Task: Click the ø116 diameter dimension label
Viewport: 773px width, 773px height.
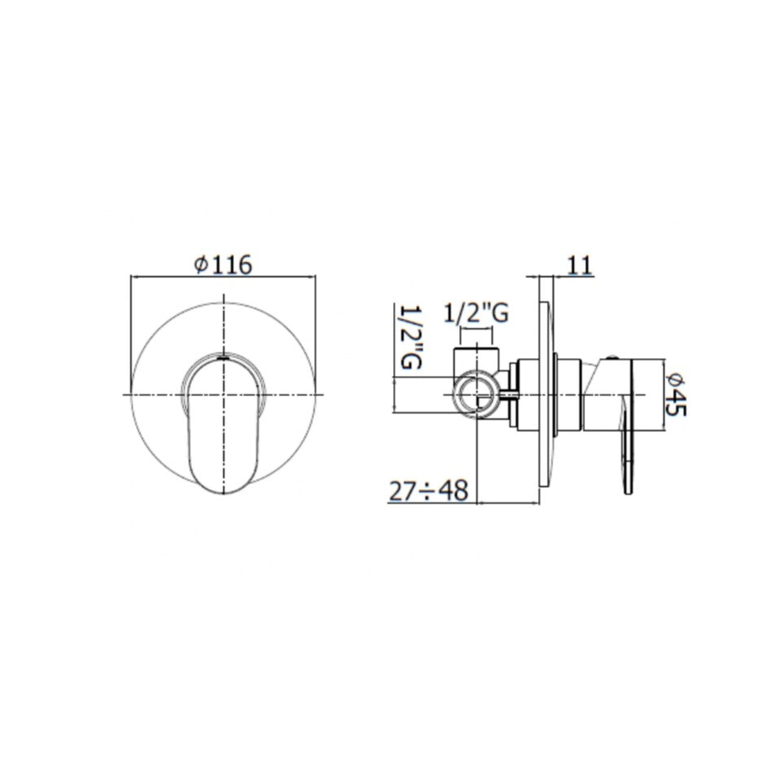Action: pos(223,264)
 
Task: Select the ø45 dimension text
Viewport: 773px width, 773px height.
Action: pos(675,395)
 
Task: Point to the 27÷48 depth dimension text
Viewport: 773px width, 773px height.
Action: pos(428,491)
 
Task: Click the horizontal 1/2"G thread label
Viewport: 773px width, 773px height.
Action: pos(476,313)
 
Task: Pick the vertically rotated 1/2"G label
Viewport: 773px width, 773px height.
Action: pos(411,337)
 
